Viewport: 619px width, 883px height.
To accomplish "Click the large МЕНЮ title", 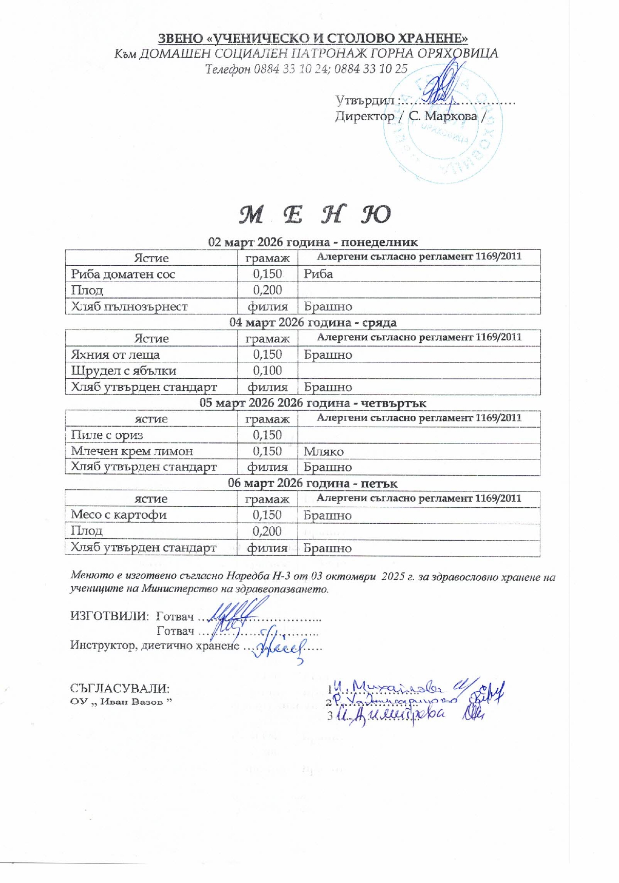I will pyautogui.click(x=315, y=215).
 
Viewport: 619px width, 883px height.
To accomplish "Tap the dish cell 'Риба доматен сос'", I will pyautogui.click(x=123, y=274).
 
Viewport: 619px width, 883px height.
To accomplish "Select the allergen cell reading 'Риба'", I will pyautogui.click(x=318, y=274).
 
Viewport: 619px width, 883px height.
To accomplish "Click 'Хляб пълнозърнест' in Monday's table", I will pyautogui.click(x=129, y=306).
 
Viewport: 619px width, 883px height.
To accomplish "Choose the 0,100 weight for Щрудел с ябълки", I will pyautogui.click(x=267, y=371).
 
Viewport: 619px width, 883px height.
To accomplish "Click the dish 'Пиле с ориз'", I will pyautogui.click(x=107, y=435).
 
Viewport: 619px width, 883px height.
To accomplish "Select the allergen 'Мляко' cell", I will pyautogui.click(x=323, y=451).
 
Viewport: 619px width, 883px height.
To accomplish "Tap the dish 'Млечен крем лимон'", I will pyautogui.click(x=132, y=451).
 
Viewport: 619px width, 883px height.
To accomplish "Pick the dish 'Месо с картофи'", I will pyautogui.click(x=119, y=515).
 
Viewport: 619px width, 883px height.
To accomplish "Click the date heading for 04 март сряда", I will pyautogui.click(x=313, y=322).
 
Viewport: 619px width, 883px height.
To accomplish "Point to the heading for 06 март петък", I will pyautogui.click(x=312, y=483).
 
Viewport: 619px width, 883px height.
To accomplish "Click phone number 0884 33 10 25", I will pyautogui.click(x=370, y=69).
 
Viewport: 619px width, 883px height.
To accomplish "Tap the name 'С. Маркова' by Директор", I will pyautogui.click(x=443, y=116).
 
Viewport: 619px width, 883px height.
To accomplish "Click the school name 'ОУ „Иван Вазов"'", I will pyautogui.click(x=121, y=702).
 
